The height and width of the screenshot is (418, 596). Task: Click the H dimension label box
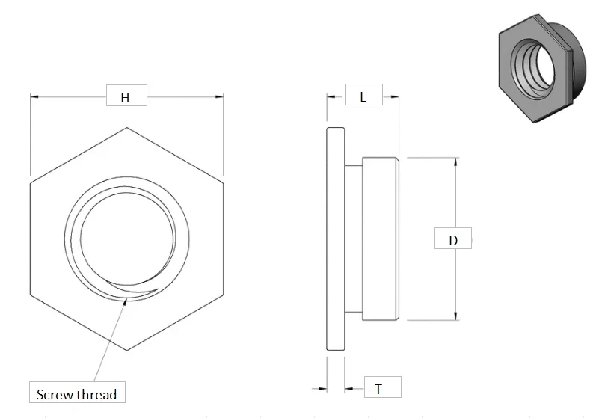click(126, 97)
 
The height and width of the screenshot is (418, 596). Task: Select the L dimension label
click(363, 96)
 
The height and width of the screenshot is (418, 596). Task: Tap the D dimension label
click(453, 239)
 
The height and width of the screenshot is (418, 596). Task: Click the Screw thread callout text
click(76, 393)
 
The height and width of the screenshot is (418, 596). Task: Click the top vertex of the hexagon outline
click(126, 127)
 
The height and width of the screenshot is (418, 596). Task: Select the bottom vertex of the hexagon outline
click(126, 350)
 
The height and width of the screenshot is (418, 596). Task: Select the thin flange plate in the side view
click(336, 239)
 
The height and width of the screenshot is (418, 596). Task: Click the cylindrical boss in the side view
click(381, 239)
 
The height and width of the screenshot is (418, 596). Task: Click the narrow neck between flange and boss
click(353, 239)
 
